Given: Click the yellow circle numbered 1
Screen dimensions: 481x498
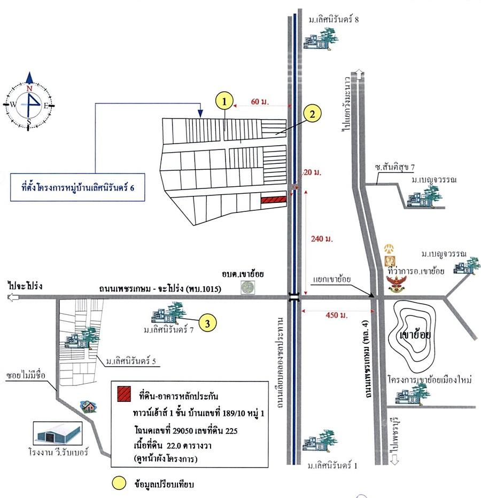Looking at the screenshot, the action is coord(224,101).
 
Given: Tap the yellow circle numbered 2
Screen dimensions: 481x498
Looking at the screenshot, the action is coord(312,114).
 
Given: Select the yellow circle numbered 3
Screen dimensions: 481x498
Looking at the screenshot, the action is coord(207,323).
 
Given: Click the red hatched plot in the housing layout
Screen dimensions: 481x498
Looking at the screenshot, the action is coord(274,200).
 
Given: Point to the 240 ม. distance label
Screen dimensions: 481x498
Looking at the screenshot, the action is coord(322,239).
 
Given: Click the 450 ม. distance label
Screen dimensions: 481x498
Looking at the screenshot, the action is coord(336,315).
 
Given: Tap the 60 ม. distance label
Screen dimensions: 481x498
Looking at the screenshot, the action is coord(260,101).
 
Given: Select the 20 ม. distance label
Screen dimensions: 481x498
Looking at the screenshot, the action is coord(312,172).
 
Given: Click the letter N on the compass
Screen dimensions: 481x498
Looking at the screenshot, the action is coord(29,88).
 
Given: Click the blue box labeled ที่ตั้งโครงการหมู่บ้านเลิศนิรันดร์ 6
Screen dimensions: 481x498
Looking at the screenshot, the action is coord(77,187).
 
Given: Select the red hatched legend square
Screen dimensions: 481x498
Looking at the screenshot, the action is coord(124,394).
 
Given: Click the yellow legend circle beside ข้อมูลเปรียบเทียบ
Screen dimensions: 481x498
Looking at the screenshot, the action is coord(119,483).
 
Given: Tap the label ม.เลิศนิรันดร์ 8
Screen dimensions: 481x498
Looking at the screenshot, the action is coord(334,20).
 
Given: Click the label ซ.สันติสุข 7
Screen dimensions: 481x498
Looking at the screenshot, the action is coord(394,167).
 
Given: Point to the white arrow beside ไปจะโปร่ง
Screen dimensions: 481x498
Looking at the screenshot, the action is coord(13,298).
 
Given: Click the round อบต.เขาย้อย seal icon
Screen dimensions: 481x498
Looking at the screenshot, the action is coord(247,287).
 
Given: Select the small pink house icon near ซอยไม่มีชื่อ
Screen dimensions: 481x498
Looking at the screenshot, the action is coord(88,406).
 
